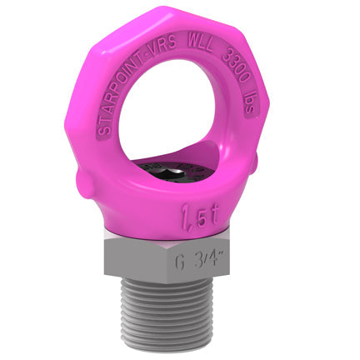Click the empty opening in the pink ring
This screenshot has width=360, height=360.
pyautogui.click(x=183, y=117)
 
